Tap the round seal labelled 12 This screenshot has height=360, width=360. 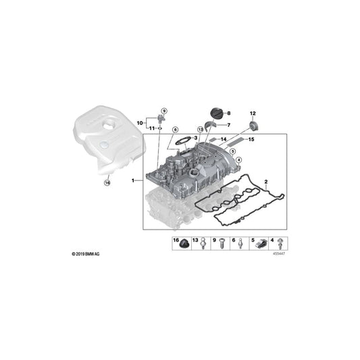click(x=253, y=125)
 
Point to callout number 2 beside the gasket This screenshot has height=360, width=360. click(x=266, y=181)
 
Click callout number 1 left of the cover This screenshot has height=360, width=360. click(x=134, y=180)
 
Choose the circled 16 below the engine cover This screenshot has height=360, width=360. click(x=106, y=182)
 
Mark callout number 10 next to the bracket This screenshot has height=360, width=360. click(x=140, y=122)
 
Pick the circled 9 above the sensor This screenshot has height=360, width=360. click(x=163, y=110)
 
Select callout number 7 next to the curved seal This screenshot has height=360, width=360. click(x=228, y=125)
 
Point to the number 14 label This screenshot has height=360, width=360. click(x=224, y=138)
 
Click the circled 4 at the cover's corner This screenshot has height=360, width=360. click(x=238, y=159)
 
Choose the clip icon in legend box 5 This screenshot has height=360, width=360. click(x=263, y=246)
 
